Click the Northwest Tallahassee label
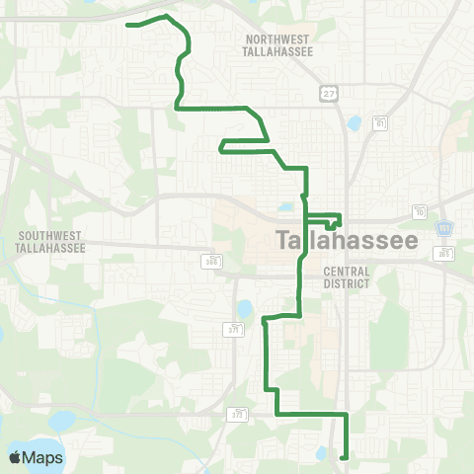pyautogui.click(x=277, y=44)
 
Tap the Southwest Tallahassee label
pyautogui.click(x=51, y=241)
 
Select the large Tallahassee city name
pyautogui.click(x=347, y=241)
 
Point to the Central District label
pyautogui.click(x=346, y=276)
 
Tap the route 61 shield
pyautogui.click(x=380, y=122)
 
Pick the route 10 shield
pyautogui.click(x=421, y=213)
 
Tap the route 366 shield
pyautogui.click(x=211, y=261)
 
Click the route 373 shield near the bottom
pyautogui.click(x=237, y=416)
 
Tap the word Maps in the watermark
pyautogui.click(x=42, y=457)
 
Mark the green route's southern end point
pyautogui.click(x=343, y=457)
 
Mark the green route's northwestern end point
pyautogui.click(x=129, y=25)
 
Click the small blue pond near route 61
pyautogui.click(x=354, y=124)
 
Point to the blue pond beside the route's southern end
pyautogui.click(x=322, y=453)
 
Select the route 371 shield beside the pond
pyautogui.click(x=235, y=327)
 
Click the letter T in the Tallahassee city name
pyautogui.click(x=283, y=241)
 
